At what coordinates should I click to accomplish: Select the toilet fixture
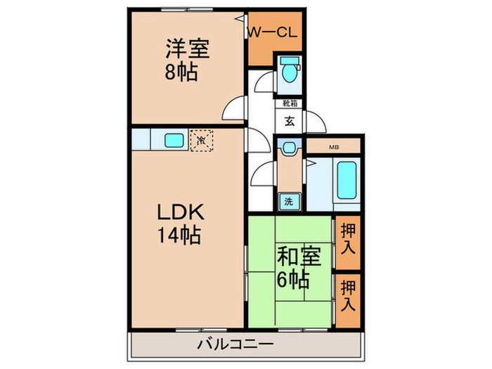pyautogui.click(x=288, y=71)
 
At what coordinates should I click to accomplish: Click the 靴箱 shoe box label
pyautogui.click(x=289, y=103)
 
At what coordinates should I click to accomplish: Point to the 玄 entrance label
pyautogui.click(x=289, y=119)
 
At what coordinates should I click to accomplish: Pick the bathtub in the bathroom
pyautogui.click(x=346, y=181)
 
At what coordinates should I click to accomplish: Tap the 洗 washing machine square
pyautogui.click(x=288, y=201)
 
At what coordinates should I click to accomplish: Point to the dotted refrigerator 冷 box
pyautogui.click(x=202, y=140)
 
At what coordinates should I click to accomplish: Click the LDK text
pyautogui.click(x=179, y=213)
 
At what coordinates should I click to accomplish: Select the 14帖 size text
pyautogui.click(x=179, y=235)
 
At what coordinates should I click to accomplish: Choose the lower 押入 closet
pyautogui.click(x=348, y=297)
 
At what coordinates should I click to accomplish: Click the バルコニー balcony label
pyautogui.click(x=235, y=344)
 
